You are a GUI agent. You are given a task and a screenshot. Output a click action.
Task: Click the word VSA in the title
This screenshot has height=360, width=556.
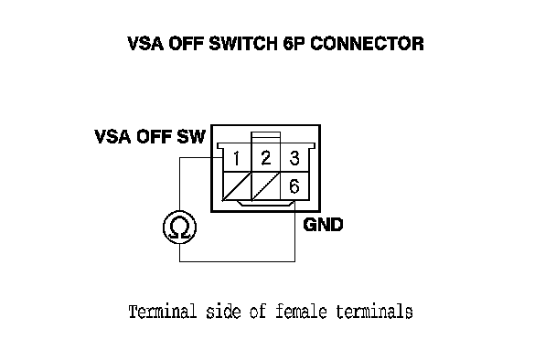point(145,44)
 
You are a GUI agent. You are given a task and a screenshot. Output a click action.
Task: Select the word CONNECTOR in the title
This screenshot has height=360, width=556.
point(367,44)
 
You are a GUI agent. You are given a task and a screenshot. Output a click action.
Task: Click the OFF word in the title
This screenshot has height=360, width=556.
point(187,44)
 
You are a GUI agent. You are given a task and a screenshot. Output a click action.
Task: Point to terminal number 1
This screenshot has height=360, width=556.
point(237,158)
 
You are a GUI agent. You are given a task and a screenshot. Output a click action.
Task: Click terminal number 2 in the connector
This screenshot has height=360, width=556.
point(265,158)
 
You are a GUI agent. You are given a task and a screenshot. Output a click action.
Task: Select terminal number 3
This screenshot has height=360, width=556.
point(294,158)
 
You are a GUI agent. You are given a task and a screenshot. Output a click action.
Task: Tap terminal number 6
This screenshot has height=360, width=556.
point(294,186)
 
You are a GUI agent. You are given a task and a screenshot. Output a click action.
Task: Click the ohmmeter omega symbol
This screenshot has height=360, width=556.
point(179,228)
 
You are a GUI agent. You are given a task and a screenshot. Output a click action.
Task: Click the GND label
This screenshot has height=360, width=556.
point(324,225)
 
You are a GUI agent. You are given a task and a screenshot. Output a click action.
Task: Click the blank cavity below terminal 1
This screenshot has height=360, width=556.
point(237,186)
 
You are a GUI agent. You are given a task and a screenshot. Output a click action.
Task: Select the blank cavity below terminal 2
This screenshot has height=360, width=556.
point(266,186)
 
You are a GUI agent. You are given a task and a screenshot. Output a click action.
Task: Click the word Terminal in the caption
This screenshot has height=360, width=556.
point(163,312)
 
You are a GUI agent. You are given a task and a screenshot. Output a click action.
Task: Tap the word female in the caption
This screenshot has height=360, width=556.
point(301,312)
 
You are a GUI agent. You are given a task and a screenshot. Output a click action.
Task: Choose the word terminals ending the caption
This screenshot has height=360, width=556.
point(374,312)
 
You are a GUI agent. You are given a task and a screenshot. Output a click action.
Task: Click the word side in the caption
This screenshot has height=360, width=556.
point(223,312)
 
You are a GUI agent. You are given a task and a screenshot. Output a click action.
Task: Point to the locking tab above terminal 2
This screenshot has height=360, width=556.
point(265,137)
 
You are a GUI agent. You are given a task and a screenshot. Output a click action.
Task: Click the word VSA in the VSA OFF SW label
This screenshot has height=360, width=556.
point(112,137)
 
